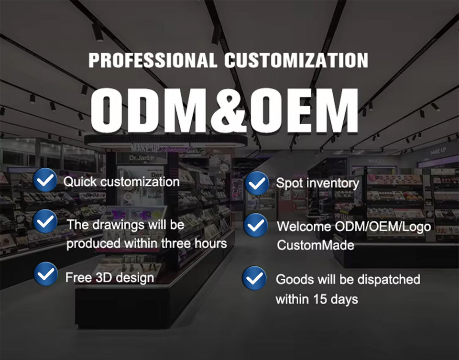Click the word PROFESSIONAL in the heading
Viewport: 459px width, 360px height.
point(153,60)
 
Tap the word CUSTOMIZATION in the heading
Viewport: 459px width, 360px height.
point(296,60)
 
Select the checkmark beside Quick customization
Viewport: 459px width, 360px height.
point(45,180)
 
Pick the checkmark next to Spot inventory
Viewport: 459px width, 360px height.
point(257,184)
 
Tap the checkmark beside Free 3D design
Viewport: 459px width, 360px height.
point(46,274)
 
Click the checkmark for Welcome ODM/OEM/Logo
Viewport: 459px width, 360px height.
point(255,225)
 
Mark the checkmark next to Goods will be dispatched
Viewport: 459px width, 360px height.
point(254,278)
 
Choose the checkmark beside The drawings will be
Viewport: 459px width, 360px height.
point(45,221)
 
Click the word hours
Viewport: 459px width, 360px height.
point(211,243)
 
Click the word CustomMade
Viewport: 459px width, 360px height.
point(316,245)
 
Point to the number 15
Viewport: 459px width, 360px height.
point(320,299)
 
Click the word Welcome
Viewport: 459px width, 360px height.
point(304,227)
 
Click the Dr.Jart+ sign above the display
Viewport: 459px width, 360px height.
point(142,158)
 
